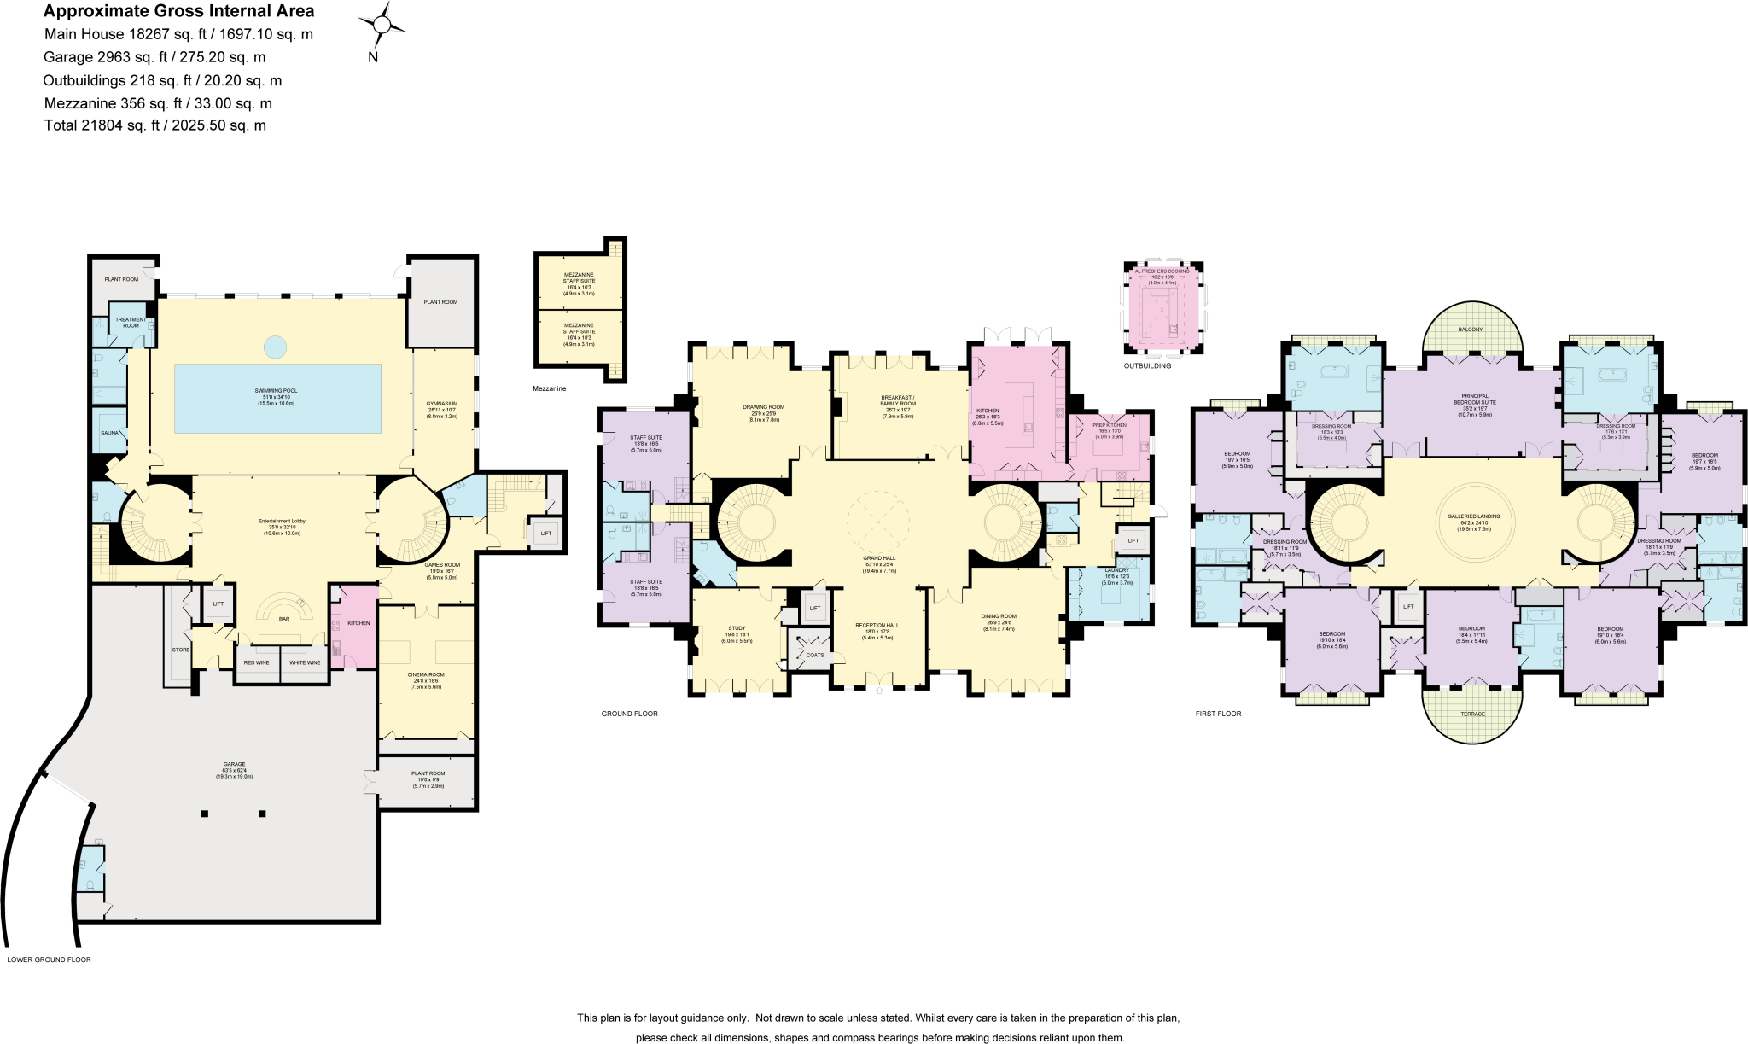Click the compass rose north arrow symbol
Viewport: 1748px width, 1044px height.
pyautogui.click(x=382, y=26)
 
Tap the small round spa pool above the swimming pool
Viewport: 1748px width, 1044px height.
pyautogui.click(x=275, y=347)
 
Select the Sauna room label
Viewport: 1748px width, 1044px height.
pyautogui.click(x=110, y=433)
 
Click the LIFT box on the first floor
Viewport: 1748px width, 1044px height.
pyautogui.click(x=1408, y=606)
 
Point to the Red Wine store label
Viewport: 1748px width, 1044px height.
pyautogui.click(x=257, y=662)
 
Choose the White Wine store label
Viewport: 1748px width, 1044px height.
pyautogui.click(x=305, y=662)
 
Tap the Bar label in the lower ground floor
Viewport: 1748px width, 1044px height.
pyautogui.click(x=284, y=619)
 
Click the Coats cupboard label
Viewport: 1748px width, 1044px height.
pyautogui.click(x=815, y=655)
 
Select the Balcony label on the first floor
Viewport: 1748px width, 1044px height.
pyautogui.click(x=1470, y=330)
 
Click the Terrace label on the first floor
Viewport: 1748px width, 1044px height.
pyautogui.click(x=1473, y=714)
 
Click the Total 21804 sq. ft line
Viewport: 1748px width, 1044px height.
pyautogui.click(x=155, y=125)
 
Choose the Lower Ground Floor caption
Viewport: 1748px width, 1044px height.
pyautogui.click(x=50, y=959)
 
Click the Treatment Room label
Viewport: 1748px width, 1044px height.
pyautogui.click(x=131, y=322)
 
